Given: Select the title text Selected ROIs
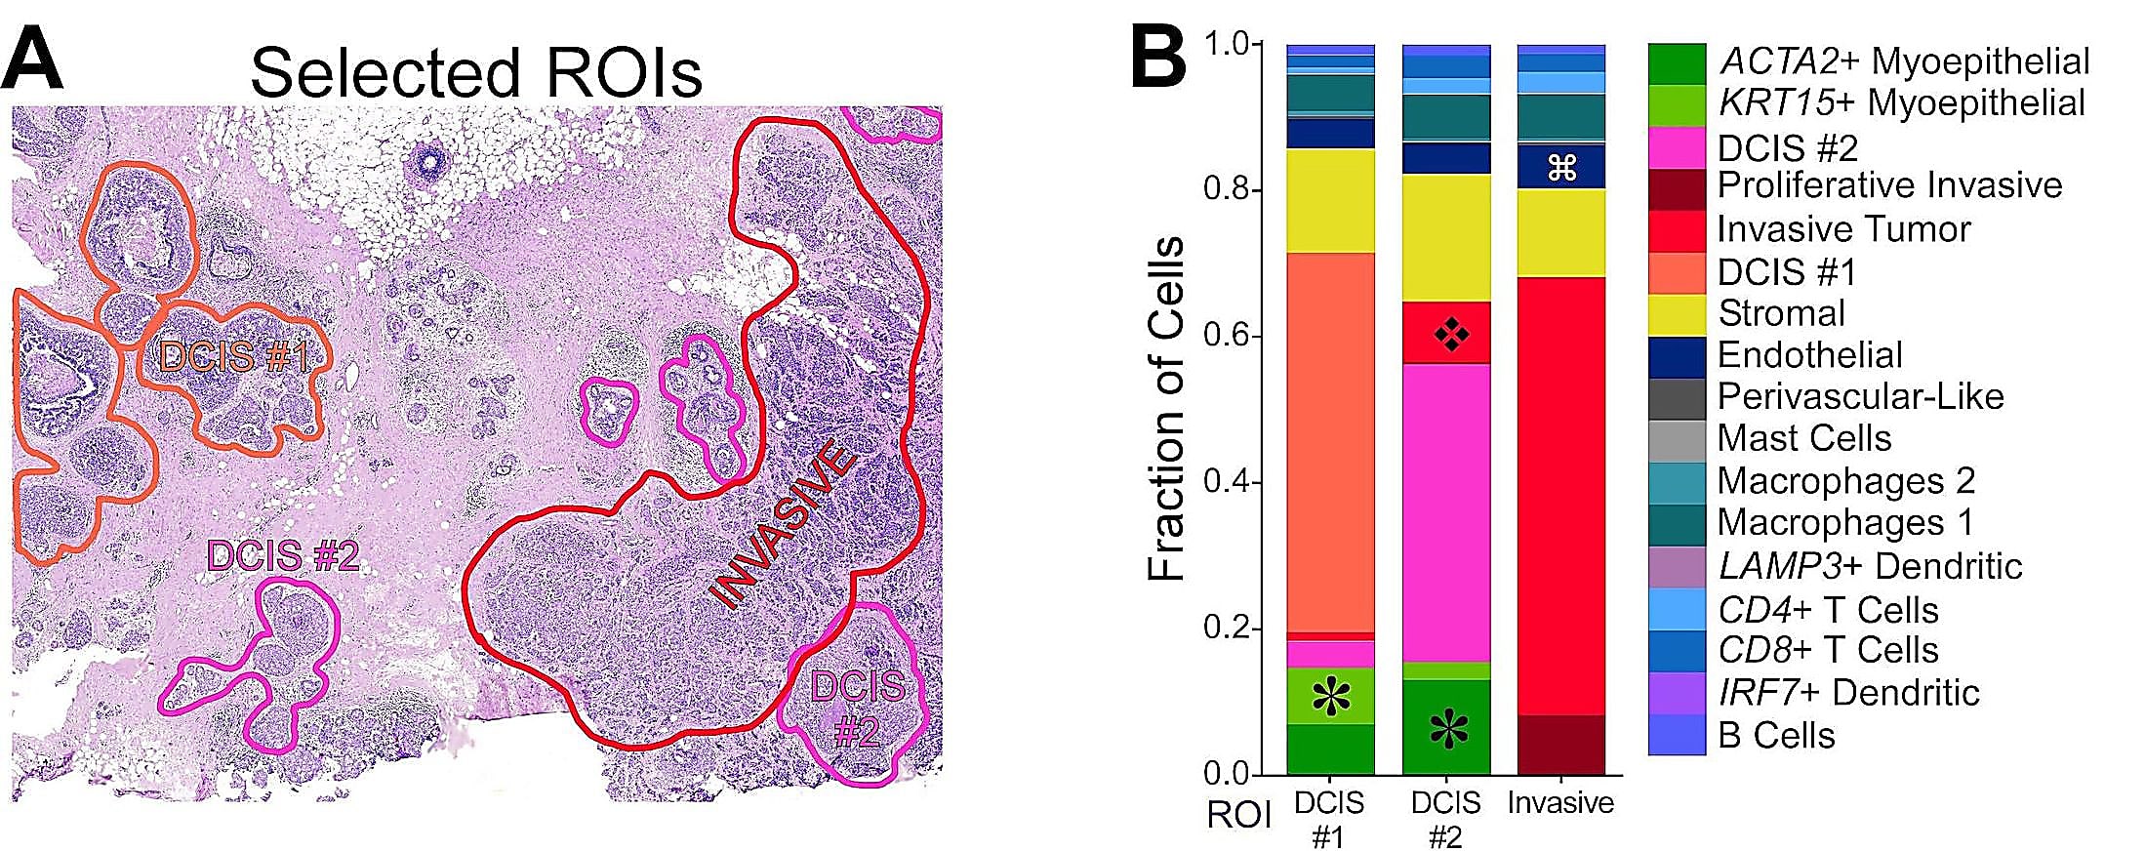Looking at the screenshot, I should [x=475, y=72].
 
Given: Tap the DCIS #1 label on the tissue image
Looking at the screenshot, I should [x=234, y=357].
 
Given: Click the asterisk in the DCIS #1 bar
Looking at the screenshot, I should [x=1330, y=697].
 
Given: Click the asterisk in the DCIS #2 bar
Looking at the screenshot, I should [x=1448, y=729].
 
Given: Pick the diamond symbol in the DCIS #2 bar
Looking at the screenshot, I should [x=1451, y=335].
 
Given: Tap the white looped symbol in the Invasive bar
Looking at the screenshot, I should [x=1561, y=168].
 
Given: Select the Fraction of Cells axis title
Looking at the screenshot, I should [x=1165, y=409].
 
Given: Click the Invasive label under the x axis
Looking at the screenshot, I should [x=1560, y=802].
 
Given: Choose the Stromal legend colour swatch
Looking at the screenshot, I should [x=1677, y=314].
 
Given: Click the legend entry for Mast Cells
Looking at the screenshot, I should [x=1803, y=438].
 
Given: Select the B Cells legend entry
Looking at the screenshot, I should [x=1775, y=735].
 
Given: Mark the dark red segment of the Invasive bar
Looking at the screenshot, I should [x=1561, y=745].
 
